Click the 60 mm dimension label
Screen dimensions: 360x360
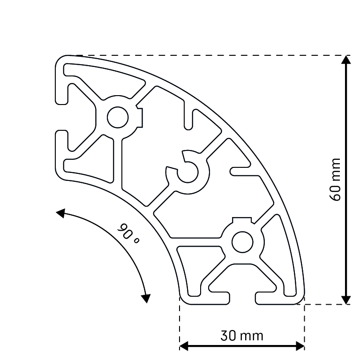pos(335,180)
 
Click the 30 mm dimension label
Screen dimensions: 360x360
pos(242,336)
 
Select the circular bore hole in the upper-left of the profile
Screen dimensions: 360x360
pos(117,117)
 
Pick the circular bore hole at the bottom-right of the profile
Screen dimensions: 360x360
pos(242,242)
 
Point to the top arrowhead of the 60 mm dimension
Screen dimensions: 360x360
pos(346,60)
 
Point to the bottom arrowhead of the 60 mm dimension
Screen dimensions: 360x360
pos(346,300)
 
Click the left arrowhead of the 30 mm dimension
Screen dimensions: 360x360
pos(184,346)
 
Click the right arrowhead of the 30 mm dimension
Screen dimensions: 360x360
pos(300,346)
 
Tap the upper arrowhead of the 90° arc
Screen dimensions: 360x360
pos(60,214)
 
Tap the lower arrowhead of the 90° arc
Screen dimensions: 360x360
pos(147,298)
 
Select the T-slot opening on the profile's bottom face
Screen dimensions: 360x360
pos(242,298)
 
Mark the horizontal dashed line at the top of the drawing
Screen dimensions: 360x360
pos(206,55)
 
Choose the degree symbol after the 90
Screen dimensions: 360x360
pos(136,241)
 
